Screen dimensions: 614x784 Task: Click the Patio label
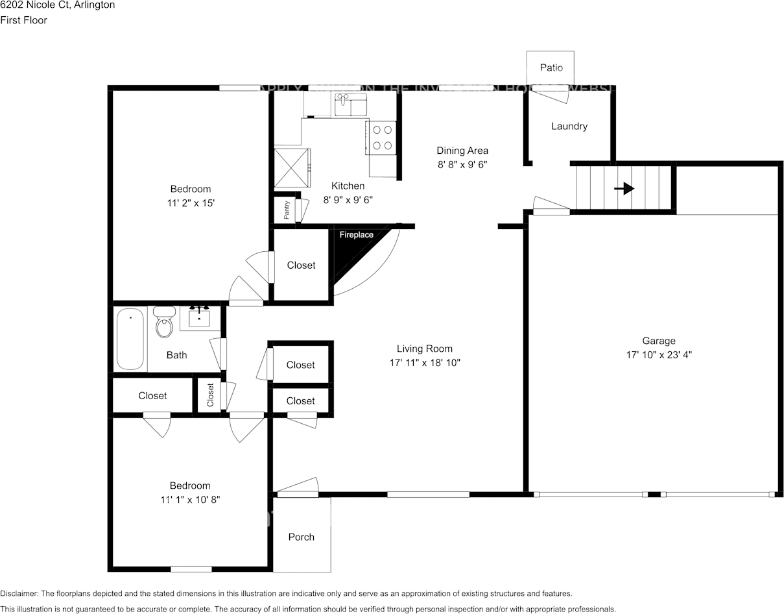point(551,68)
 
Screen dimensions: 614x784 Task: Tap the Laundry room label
point(569,126)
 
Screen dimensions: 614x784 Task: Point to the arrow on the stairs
point(624,188)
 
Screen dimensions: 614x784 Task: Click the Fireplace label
point(356,235)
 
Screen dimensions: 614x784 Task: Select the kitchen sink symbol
point(350,104)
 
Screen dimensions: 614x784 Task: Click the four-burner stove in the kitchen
point(381,138)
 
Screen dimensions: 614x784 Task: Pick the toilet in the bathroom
point(164,323)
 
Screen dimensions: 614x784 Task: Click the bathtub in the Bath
point(130,339)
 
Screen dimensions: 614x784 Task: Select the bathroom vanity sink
point(199,317)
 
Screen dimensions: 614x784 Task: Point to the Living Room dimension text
point(425,363)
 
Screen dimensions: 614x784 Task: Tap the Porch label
point(301,537)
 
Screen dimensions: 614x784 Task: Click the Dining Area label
point(462,151)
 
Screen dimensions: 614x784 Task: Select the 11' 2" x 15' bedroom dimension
point(190,203)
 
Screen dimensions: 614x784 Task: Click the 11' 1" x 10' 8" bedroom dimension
point(190,500)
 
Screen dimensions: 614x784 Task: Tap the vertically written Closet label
point(210,395)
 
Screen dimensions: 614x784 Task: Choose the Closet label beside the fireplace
point(301,265)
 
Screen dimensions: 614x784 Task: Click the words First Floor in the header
point(23,20)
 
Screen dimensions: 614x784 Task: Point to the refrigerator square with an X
point(292,168)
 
